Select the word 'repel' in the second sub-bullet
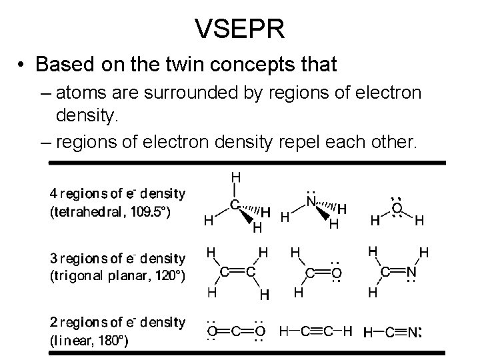coord(331,141)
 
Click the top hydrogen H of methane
coord(235,177)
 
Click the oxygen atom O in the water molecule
coord(397,209)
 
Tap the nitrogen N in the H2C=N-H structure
coord(411,271)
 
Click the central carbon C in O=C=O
coord(235,331)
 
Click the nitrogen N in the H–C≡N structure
coord(412,331)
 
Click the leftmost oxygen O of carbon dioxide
coord(211,331)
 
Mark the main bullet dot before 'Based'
coord(23,65)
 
